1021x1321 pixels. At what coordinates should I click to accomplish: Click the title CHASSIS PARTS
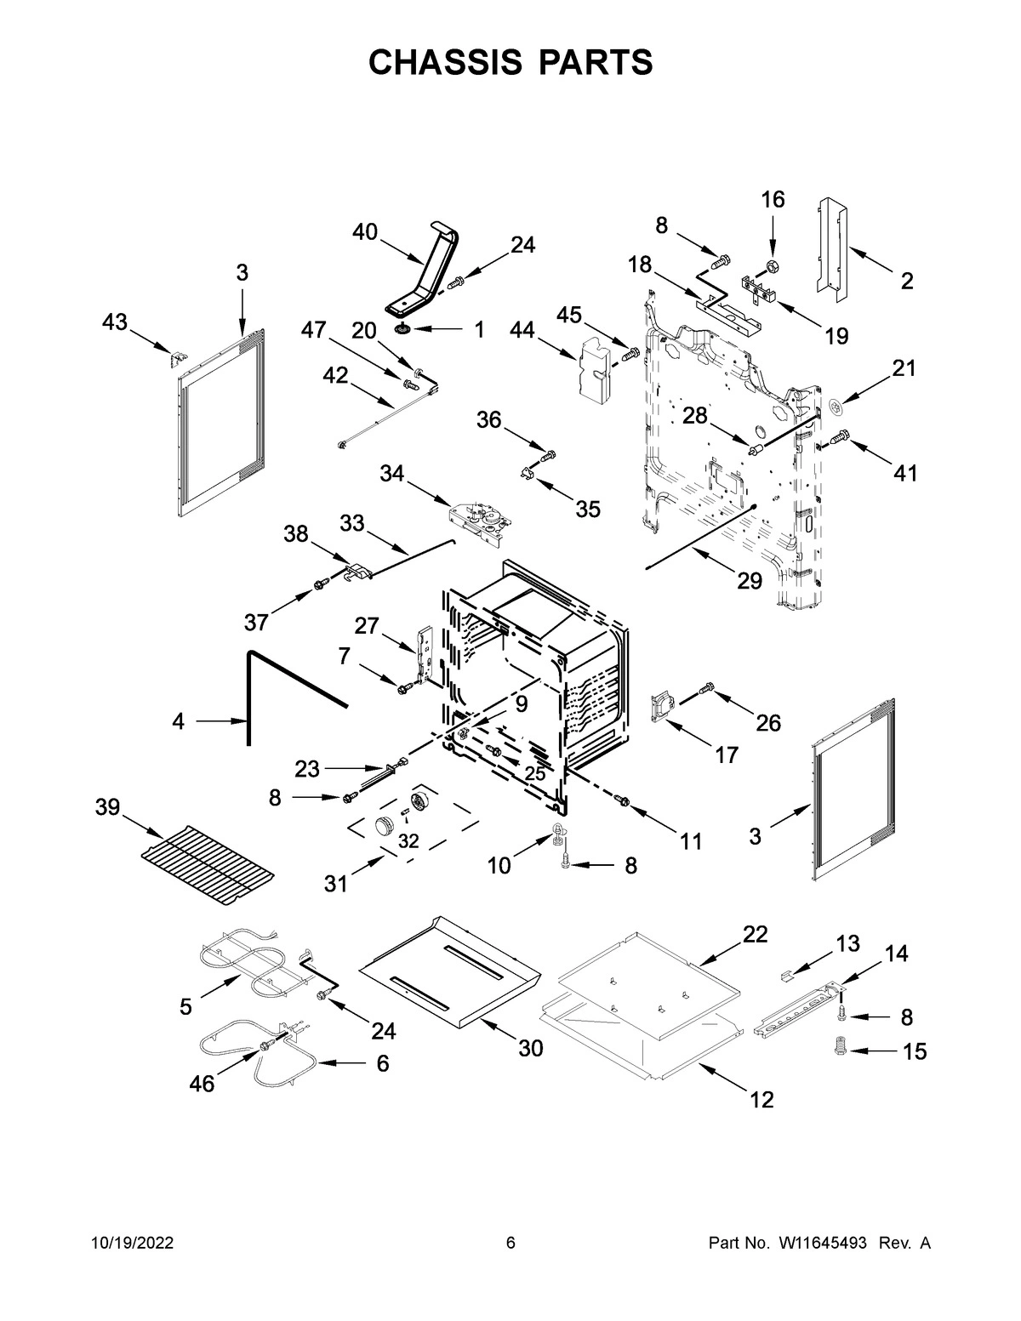pos(510,63)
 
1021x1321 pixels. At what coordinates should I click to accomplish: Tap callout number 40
pos(365,231)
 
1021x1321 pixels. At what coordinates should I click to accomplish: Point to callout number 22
pos(755,934)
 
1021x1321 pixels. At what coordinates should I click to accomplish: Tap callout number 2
pos(907,281)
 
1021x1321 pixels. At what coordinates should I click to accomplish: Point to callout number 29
pos(750,581)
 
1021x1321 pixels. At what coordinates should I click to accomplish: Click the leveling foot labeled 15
pos(841,1050)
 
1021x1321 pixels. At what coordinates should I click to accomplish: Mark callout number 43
pos(115,322)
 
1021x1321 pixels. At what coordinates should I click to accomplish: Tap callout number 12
pos(761,1099)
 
